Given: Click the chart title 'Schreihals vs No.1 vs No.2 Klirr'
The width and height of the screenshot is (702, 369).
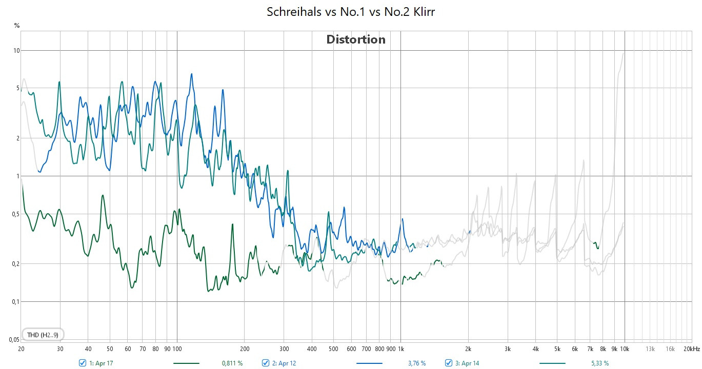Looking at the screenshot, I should click(x=351, y=12).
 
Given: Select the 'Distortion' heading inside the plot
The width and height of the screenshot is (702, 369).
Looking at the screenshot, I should click(x=356, y=39).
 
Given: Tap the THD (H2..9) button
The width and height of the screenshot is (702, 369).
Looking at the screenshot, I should click(x=43, y=335).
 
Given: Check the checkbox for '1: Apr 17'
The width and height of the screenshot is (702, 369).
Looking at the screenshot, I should click(x=83, y=363).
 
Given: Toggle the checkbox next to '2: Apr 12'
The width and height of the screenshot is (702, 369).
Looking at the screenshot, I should click(x=266, y=363).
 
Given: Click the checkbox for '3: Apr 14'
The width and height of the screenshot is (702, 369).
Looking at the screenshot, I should click(x=449, y=363).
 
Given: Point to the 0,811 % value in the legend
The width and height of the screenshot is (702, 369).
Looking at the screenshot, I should click(x=232, y=363).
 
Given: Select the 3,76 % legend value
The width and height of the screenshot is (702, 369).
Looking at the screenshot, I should click(x=416, y=363).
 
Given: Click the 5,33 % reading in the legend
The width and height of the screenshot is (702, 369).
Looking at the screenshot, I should click(x=599, y=363).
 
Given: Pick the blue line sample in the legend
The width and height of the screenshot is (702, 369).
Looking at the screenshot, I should click(x=369, y=363).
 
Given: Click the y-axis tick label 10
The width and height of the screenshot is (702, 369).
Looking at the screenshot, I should click(x=16, y=51).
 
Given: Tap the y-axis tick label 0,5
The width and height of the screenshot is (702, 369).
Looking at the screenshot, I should click(x=15, y=214).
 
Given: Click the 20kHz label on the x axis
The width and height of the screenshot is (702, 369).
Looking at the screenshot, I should click(x=691, y=349).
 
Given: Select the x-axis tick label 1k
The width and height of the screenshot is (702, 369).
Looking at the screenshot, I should click(x=400, y=349).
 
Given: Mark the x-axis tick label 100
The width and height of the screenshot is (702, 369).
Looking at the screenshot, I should click(x=177, y=349).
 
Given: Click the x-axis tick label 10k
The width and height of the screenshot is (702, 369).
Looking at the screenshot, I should click(x=625, y=349).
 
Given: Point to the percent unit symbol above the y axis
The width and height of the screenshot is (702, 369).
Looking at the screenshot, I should click(x=17, y=25).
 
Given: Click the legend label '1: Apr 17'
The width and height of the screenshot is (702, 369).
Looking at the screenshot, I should click(x=101, y=363).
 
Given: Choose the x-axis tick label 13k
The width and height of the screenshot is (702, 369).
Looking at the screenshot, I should click(x=650, y=349).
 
